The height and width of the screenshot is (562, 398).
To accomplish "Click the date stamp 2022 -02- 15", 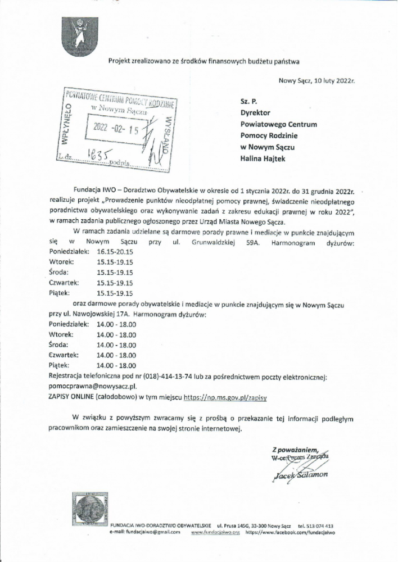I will coord(119,129).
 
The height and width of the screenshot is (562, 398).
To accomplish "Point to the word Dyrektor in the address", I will coord(255,112).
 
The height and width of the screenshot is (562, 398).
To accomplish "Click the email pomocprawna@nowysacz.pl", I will coord(93,387).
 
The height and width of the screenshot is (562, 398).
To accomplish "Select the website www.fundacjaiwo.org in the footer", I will coord(216,531).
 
